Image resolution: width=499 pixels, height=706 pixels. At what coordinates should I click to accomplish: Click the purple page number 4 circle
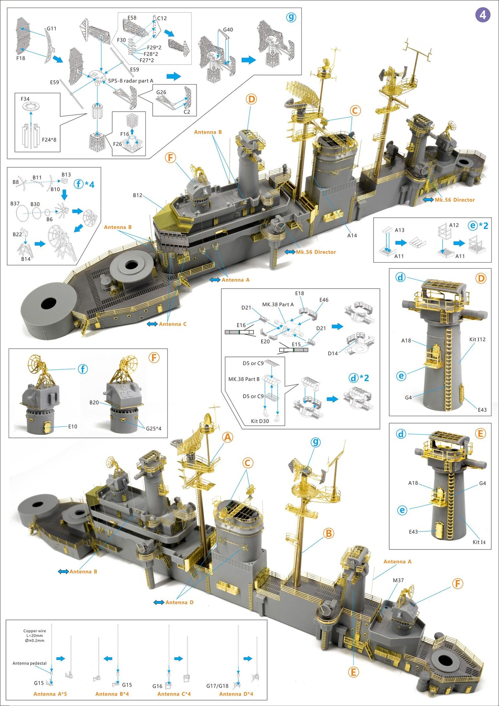(482, 15)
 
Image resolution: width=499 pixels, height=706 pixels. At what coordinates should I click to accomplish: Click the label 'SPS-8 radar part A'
(131, 81)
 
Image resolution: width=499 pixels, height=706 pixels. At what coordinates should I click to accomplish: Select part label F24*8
(49, 140)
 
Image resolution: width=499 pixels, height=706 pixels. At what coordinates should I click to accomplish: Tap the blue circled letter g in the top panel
(291, 17)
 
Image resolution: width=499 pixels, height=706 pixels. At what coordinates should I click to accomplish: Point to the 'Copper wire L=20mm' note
(35, 636)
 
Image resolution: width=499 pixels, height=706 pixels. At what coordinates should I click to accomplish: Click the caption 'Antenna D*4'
(236, 694)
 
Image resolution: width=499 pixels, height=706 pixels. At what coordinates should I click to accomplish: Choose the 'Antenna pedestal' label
(29, 663)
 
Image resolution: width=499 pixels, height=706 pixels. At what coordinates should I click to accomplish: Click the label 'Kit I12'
(477, 339)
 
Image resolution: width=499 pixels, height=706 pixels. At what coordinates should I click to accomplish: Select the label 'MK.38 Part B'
(244, 379)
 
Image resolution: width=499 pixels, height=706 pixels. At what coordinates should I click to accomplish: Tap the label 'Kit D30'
(260, 421)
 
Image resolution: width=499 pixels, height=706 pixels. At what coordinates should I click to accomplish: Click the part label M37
(398, 580)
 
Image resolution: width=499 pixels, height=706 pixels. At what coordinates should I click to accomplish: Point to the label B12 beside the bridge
(137, 195)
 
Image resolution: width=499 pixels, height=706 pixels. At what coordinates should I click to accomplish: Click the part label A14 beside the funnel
(352, 235)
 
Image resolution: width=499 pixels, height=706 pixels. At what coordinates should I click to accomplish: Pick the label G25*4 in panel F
(153, 429)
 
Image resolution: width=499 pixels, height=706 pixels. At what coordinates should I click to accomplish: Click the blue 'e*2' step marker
(478, 226)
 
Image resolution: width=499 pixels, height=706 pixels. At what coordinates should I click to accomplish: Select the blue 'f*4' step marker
(84, 184)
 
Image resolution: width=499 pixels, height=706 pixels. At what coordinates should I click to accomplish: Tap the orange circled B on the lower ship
(328, 533)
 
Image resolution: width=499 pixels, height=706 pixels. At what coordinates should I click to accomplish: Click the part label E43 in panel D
(482, 410)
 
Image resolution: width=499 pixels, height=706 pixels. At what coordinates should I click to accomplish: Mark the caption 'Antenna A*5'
(50, 694)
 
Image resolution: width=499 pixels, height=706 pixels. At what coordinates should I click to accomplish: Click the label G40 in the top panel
(228, 30)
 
